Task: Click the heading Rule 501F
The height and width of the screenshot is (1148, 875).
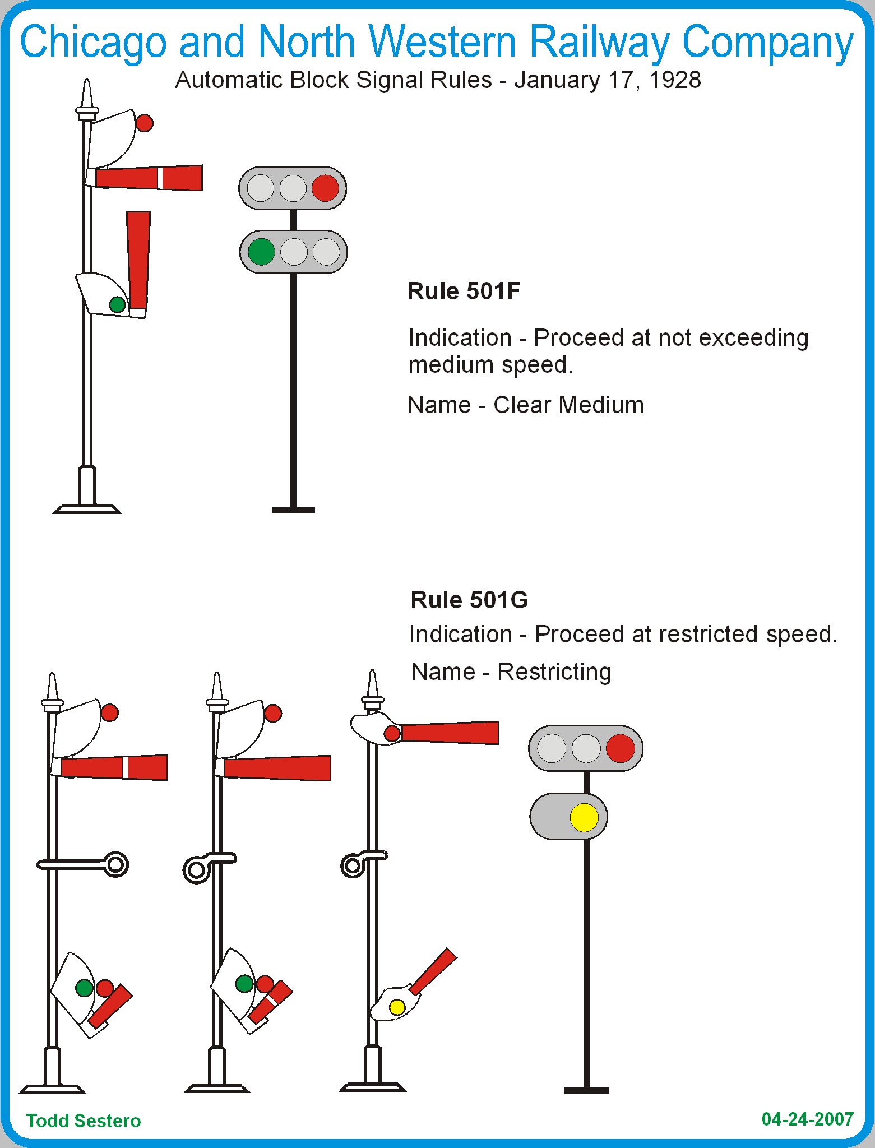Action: coord(464,291)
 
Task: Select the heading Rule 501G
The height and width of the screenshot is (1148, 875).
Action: coord(469,600)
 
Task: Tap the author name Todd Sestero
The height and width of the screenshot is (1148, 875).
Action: coord(84,1121)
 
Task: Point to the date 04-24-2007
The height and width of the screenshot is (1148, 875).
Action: coord(808,1119)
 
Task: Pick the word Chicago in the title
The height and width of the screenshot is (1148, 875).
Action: coord(94,43)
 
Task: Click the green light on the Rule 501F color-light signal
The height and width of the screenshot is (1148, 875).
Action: coord(261,252)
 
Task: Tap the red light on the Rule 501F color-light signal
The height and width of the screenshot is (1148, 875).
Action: coord(325,188)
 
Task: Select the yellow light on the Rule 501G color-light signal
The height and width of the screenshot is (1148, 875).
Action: coord(584,817)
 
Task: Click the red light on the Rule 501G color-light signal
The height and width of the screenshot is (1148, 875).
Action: coord(620,748)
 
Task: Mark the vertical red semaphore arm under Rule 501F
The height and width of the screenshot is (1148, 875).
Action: coord(138,260)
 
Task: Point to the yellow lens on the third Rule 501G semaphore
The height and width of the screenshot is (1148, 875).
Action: coord(397,1007)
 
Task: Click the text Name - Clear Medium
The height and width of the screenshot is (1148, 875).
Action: coord(526,405)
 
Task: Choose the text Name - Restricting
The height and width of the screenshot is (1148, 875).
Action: coord(511,672)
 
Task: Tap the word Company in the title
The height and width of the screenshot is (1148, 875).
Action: coord(768,43)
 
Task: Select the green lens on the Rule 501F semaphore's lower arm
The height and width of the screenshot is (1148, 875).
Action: coord(117,304)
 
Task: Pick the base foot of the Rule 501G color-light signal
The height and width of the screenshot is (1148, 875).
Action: coord(586,1090)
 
